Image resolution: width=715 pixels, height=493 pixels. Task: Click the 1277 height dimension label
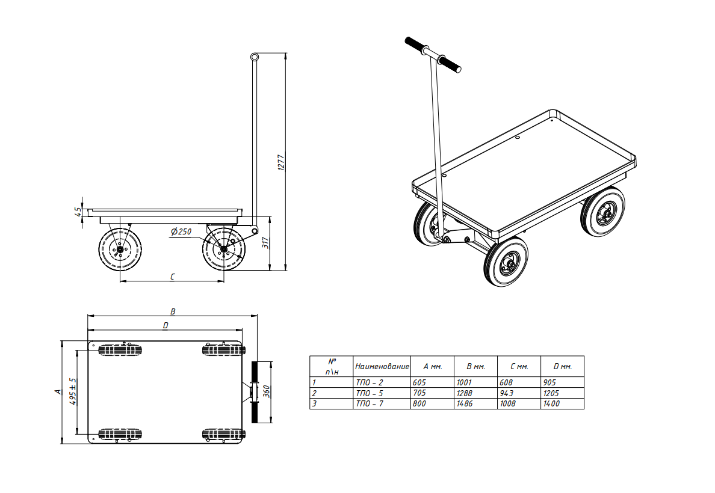281,163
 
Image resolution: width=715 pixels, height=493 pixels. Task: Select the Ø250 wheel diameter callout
181,231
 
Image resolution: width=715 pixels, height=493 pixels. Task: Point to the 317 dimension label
265,243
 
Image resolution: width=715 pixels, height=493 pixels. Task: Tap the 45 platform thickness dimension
78,212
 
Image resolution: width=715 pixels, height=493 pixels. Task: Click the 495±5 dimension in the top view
73,391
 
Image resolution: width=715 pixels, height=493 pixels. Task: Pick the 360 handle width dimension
266,392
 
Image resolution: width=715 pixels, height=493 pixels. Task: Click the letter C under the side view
172,277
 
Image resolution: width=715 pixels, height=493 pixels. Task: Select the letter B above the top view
173,311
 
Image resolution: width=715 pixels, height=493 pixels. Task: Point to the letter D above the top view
166,325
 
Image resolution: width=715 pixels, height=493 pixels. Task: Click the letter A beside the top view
57,391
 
